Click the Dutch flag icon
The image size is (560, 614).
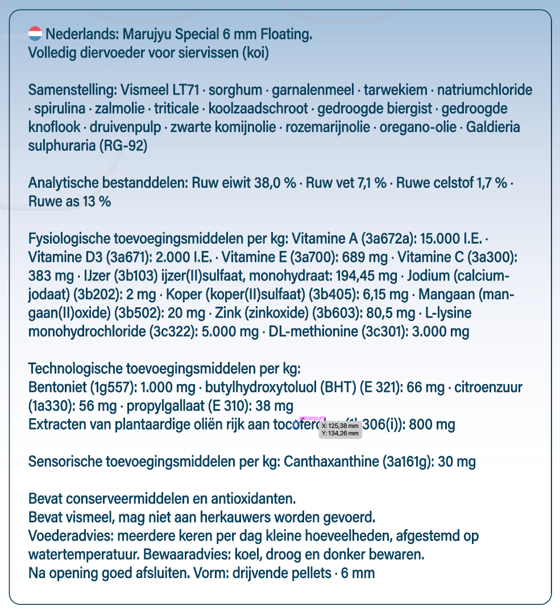click(x=35, y=34)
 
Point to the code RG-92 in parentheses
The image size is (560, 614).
click(x=122, y=146)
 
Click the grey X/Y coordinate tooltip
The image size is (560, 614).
click(x=341, y=429)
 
